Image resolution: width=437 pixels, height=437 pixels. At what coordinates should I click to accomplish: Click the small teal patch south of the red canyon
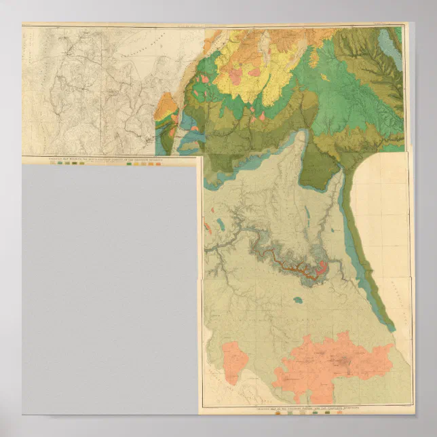point(297,299)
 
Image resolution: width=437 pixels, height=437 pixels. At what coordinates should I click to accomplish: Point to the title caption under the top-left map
point(109,160)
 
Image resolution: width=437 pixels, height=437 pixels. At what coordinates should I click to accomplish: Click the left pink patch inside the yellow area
point(235,76)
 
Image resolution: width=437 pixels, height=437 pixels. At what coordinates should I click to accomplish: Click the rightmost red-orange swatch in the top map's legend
point(158,164)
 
